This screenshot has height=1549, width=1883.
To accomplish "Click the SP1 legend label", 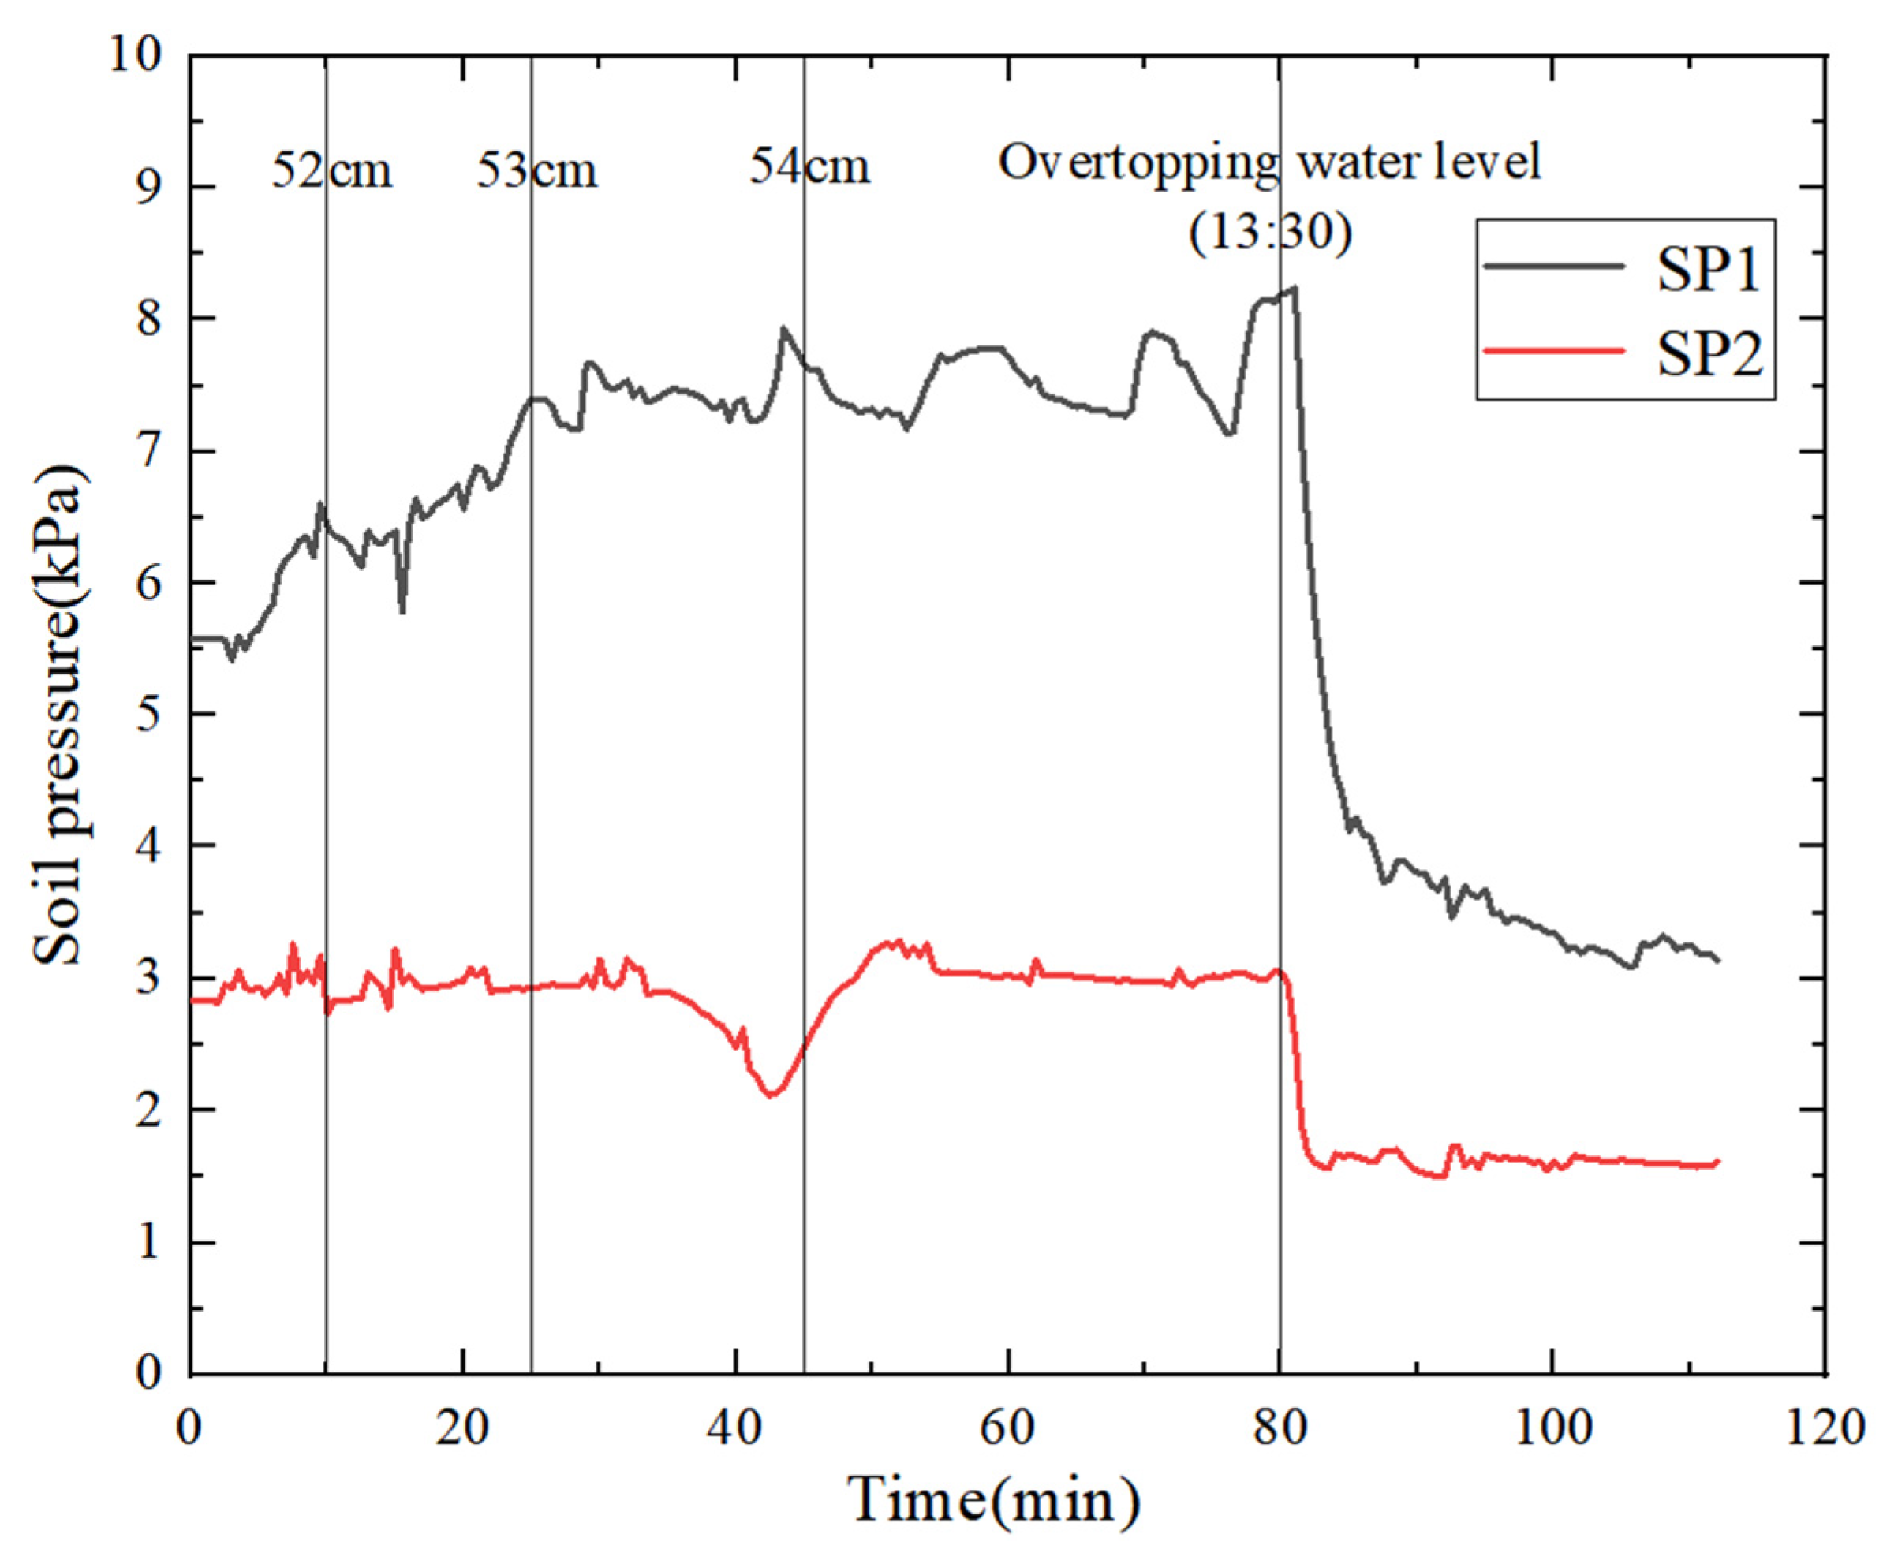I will point(1708,270).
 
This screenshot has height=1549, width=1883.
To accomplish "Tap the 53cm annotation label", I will point(536,170).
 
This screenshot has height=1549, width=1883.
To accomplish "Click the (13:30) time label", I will point(1270,232).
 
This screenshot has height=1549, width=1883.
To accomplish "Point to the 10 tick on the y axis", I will point(135,55).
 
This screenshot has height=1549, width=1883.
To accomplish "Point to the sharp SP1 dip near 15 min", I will point(402,612).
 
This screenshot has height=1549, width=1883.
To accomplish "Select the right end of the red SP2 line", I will point(1718,1160).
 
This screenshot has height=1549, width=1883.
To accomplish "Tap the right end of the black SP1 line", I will point(1718,961).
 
